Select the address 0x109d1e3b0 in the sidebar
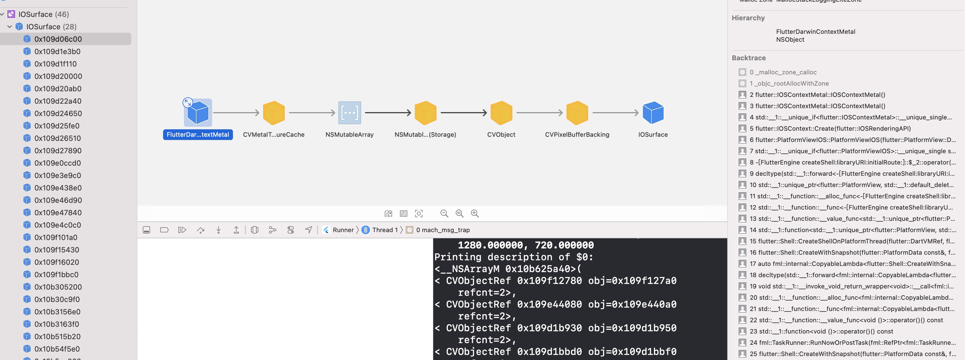point(57,51)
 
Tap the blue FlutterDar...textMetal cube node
point(197,113)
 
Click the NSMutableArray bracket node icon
point(350,113)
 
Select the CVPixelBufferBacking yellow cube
point(577,113)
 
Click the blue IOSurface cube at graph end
point(653,113)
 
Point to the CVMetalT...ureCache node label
point(274,134)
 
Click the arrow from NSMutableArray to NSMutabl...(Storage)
point(388,112)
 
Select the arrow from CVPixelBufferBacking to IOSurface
point(615,112)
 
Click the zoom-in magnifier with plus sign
point(475,214)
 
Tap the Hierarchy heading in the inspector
point(748,18)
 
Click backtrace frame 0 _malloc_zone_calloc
point(783,72)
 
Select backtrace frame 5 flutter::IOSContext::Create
point(830,128)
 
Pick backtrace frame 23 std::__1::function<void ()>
point(821,331)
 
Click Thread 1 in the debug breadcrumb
point(384,230)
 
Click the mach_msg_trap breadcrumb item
point(443,230)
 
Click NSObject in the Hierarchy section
point(790,40)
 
